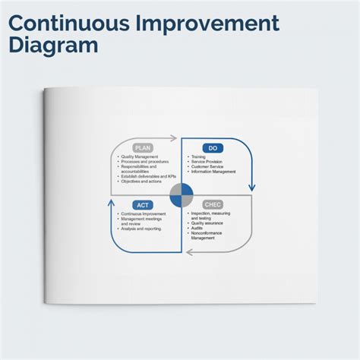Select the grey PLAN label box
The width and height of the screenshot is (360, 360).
[x=143, y=148]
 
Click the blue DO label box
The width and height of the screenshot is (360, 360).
[x=213, y=148]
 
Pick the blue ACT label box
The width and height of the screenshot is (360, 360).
[x=143, y=205]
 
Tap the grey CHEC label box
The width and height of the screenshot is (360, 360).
[x=213, y=205]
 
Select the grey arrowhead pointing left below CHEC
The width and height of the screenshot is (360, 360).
[x=190, y=252]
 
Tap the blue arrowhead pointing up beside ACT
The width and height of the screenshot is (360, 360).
[x=112, y=203]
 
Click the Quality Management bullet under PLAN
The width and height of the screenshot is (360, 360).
[x=141, y=157]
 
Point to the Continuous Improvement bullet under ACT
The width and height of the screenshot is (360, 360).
[x=145, y=214]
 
